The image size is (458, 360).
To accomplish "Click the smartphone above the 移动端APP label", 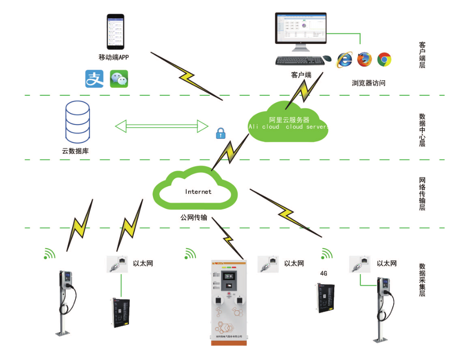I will coord(116,31).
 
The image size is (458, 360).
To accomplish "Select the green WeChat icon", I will coord(119,78).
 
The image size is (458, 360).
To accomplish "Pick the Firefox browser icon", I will coord(365,60).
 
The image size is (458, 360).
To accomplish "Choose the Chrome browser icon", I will coord(384,60).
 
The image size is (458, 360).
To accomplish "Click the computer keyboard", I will coord(298,60).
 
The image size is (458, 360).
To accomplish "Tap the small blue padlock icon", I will coord(221,133).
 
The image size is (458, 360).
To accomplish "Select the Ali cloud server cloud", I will coord(289,122).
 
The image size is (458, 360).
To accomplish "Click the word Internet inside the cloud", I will coord(198,192).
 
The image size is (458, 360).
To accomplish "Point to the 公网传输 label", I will coord(194,218).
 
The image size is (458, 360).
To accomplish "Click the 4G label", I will coord(324,274).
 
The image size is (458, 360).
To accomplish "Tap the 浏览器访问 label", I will coord(369,83).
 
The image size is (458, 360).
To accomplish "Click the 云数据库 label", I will coord(75,151).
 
